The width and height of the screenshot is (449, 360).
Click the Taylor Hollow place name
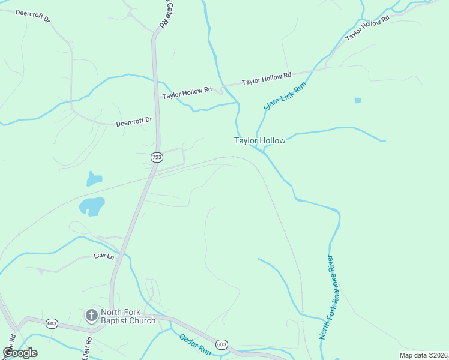pos(259,140)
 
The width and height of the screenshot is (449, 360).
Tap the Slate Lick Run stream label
pos(285,95)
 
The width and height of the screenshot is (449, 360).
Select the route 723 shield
pos(157,157)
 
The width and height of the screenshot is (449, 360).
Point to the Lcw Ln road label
pos(104,256)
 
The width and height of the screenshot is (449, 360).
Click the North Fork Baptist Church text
pos(128,316)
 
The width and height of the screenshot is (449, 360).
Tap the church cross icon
pos(91,315)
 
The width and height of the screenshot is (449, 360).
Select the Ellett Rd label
pos(88,348)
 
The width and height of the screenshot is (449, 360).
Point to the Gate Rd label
pos(164,14)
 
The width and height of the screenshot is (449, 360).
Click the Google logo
pos(20,353)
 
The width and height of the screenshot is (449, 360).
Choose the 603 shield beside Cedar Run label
pos(222,344)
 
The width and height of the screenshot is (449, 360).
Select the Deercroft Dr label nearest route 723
pos(135,123)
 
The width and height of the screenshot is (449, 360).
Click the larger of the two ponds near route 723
pos(92,206)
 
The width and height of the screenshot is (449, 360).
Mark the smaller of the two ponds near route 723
pos(94,178)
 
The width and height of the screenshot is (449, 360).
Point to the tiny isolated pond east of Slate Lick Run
pos(358,100)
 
